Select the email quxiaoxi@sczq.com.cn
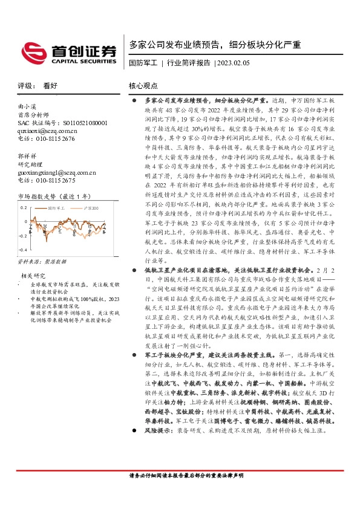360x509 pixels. point(47,131)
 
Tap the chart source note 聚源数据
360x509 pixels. point(55,262)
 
